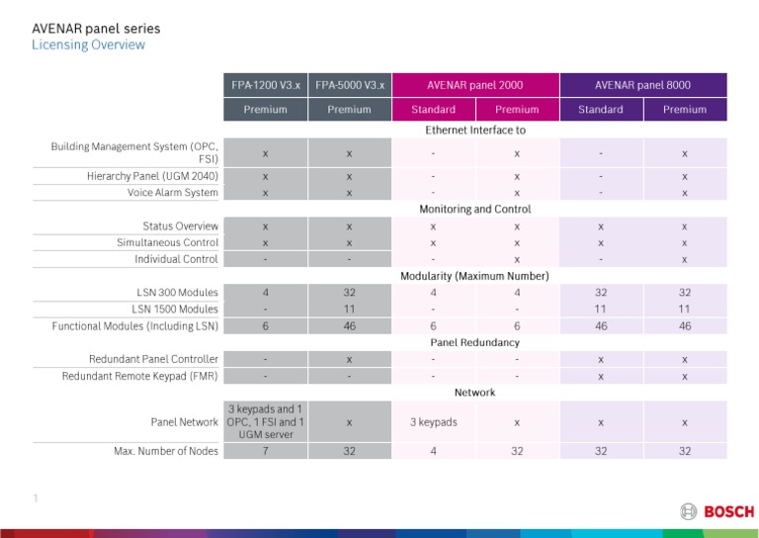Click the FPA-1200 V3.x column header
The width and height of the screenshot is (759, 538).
point(264,85)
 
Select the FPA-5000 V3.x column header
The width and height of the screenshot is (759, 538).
point(350,85)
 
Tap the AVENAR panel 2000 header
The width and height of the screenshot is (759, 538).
point(475,85)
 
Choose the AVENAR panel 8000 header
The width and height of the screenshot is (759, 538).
point(643,85)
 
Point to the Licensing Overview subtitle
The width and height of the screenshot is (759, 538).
point(88,45)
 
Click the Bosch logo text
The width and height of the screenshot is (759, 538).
point(728,511)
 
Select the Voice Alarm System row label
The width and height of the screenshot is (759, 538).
point(168,193)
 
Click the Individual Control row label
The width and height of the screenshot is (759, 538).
point(177,259)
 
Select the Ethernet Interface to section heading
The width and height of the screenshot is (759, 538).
point(475,130)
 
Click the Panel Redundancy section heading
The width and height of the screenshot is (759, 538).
point(475,342)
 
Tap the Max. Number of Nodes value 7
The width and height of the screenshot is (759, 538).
point(264,452)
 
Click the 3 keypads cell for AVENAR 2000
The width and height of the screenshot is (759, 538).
point(433,422)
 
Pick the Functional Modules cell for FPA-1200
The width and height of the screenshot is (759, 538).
point(264,325)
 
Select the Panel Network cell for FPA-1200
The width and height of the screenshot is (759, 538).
point(264,422)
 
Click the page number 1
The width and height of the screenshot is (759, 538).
point(35,500)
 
